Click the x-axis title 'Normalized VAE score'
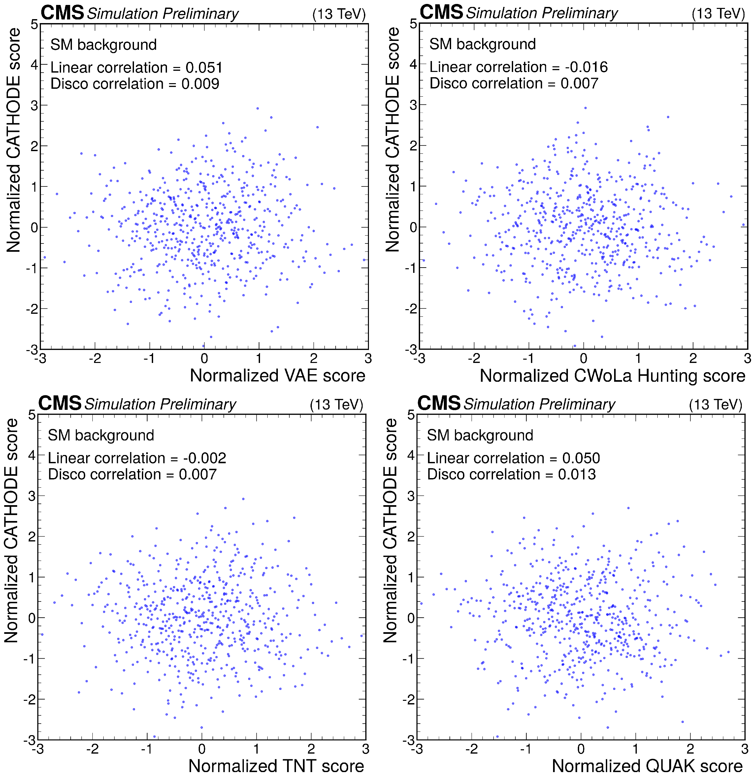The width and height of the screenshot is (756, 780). point(278,375)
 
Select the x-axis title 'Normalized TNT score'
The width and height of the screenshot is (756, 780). point(276,766)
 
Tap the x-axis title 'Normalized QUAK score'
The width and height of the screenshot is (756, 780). point(647,766)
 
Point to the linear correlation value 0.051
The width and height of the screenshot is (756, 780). point(204,68)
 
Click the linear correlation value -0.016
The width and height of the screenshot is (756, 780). point(586,67)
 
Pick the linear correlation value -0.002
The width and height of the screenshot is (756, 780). point(205,458)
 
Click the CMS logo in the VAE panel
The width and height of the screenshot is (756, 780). point(62,13)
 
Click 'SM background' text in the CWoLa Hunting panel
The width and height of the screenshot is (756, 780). point(482,44)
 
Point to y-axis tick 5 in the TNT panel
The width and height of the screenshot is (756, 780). point(31,415)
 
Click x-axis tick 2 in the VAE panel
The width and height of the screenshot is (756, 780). point(313,359)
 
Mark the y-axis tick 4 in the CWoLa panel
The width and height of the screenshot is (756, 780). point(413,64)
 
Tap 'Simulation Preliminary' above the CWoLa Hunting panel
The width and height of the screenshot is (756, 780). point(542,13)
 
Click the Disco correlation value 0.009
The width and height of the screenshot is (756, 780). point(200,84)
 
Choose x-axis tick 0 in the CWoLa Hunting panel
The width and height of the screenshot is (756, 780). point(583,359)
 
